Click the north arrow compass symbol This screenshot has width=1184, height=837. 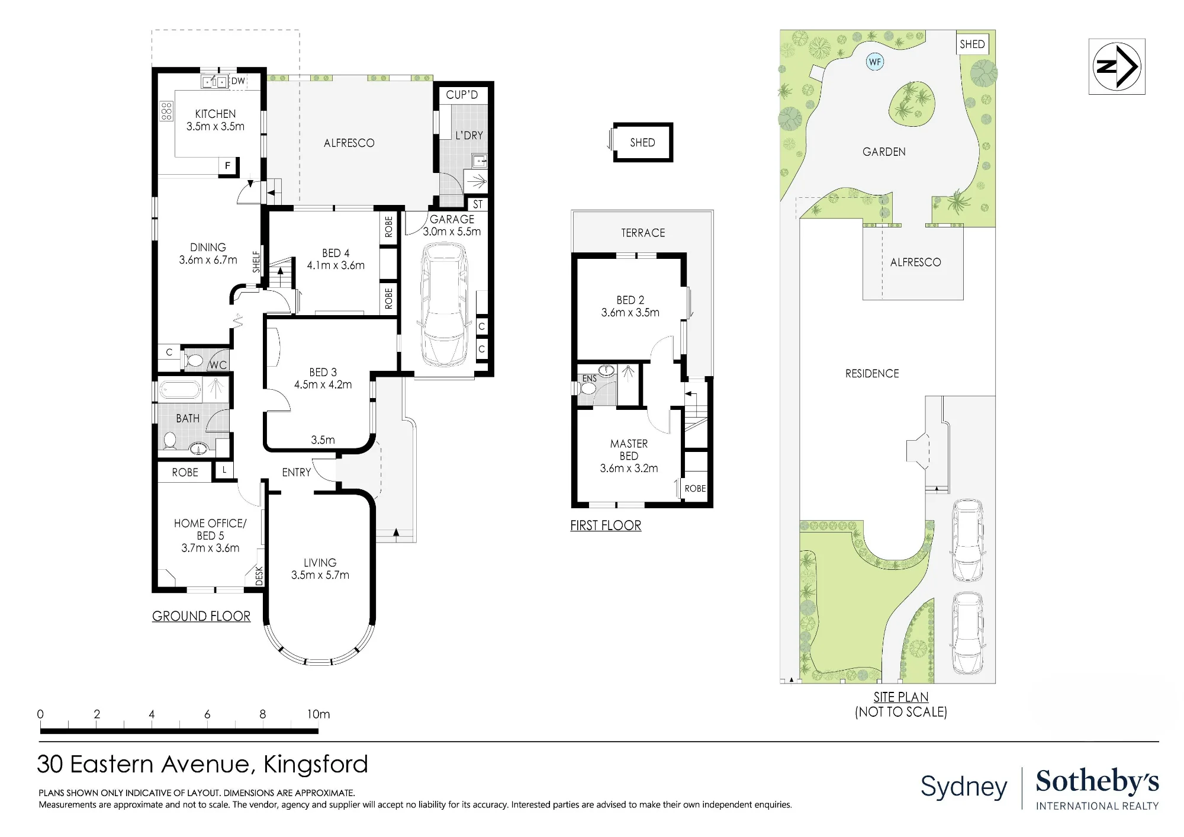click(1117, 66)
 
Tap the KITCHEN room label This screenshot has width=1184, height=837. click(215, 114)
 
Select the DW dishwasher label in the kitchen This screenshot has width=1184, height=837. click(238, 81)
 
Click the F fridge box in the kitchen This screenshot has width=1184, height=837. click(228, 166)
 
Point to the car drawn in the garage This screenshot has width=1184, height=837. click(443, 306)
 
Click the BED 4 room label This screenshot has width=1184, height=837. click(336, 253)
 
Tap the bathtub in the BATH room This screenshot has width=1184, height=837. click(181, 390)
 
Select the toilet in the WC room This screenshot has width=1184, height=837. click(194, 360)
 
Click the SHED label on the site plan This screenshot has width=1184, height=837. click(972, 44)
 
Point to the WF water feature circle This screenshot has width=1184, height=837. click(875, 62)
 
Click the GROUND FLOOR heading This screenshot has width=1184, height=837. click(201, 616)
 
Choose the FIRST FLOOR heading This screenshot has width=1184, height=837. click(606, 525)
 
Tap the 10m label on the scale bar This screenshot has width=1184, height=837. click(318, 714)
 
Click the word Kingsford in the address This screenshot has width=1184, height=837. click(316, 764)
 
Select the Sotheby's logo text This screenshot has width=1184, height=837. click(1097, 781)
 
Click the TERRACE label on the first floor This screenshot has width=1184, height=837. click(643, 233)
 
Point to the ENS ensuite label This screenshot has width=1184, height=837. click(590, 379)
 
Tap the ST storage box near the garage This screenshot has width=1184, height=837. click(478, 204)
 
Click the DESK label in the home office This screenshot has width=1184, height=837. click(259, 576)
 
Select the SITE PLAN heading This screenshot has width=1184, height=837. click(901, 697)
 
